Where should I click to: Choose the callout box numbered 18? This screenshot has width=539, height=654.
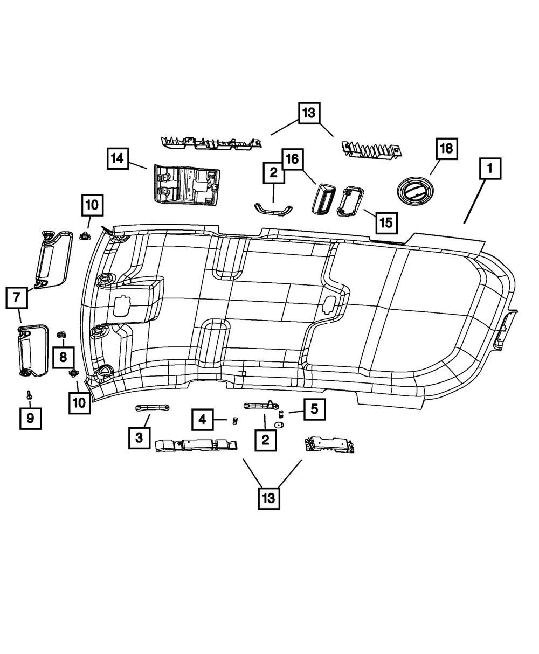tap(447, 148)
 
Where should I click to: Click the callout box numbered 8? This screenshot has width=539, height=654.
tap(63, 356)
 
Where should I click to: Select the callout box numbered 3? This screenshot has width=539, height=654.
tap(139, 437)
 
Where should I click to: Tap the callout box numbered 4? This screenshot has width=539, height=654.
tap(202, 419)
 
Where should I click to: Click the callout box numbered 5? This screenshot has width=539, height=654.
tap(314, 409)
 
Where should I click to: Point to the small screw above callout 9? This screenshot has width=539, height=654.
tap(30, 396)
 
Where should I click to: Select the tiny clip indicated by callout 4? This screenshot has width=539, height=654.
tap(234, 420)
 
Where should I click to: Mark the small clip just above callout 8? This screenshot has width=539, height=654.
tap(61, 335)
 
